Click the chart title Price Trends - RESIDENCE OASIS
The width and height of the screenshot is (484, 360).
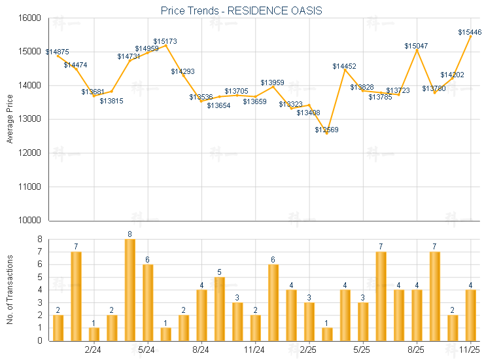point(241,10)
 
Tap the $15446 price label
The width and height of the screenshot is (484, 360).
point(470,32)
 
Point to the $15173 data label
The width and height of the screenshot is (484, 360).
point(165,41)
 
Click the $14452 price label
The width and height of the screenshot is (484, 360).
point(344,66)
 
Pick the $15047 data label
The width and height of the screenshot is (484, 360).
point(416,46)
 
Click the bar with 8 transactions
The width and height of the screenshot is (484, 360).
point(130,289)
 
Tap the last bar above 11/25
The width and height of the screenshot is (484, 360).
point(470,315)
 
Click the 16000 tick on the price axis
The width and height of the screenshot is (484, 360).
point(31,18)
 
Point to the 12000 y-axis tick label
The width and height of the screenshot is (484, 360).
point(31,153)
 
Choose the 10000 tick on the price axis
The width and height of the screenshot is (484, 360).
point(31,221)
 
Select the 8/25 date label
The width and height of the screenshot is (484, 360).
point(416,351)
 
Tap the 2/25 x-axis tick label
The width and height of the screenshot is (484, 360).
point(308,351)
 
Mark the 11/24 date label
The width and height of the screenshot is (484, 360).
point(254,351)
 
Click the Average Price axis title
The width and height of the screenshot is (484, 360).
point(9,119)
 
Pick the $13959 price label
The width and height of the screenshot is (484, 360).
point(272,82)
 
